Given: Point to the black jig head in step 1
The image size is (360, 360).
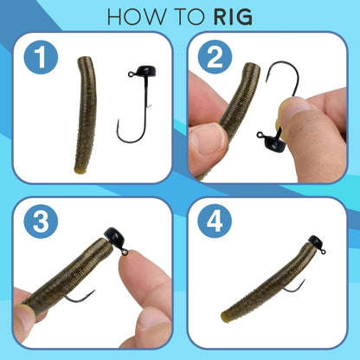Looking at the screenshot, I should point(143,75).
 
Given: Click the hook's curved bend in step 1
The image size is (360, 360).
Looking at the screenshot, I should point(127,136).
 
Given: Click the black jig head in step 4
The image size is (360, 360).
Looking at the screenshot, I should point(318,243).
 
